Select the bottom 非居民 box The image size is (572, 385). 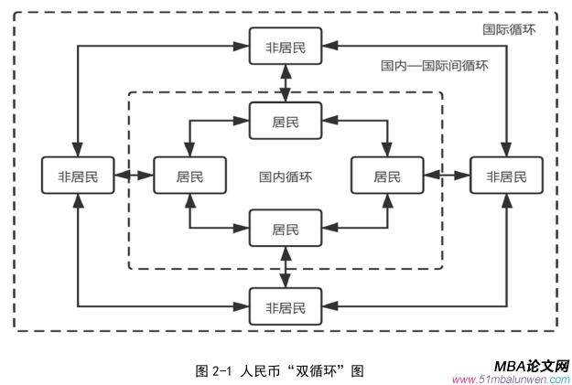pyautogui.click(x=286, y=305)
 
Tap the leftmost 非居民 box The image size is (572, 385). pyautogui.click(x=78, y=176)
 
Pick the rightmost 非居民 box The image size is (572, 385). pyautogui.click(x=506, y=176)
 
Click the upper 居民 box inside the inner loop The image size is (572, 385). pyautogui.click(x=286, y=121)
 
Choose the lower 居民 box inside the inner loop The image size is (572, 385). pyautogui.click(x=286, y=229)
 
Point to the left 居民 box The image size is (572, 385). pyautogui.click(x=189, y=176)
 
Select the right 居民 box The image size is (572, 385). pyautogui.click(x=387, y=176)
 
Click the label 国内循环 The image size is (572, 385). pyautogui.click(x=286, y=176)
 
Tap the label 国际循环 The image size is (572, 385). pyautogui.click(x=509, y=30)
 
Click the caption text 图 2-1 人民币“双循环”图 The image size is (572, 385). pyautogui.click(x=280, y=370)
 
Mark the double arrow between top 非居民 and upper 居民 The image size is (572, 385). pyautogui.click(x=286, y=84)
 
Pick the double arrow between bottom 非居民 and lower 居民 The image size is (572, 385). pyautogui.click(x=286, y=267)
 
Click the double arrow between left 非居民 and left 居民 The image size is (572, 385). pyautogui.click(x=134, y=176)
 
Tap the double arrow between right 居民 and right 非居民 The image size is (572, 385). pyautogui.click(x=447, y=176)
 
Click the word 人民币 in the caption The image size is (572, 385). pyautogui.click(x=260, y=370)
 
